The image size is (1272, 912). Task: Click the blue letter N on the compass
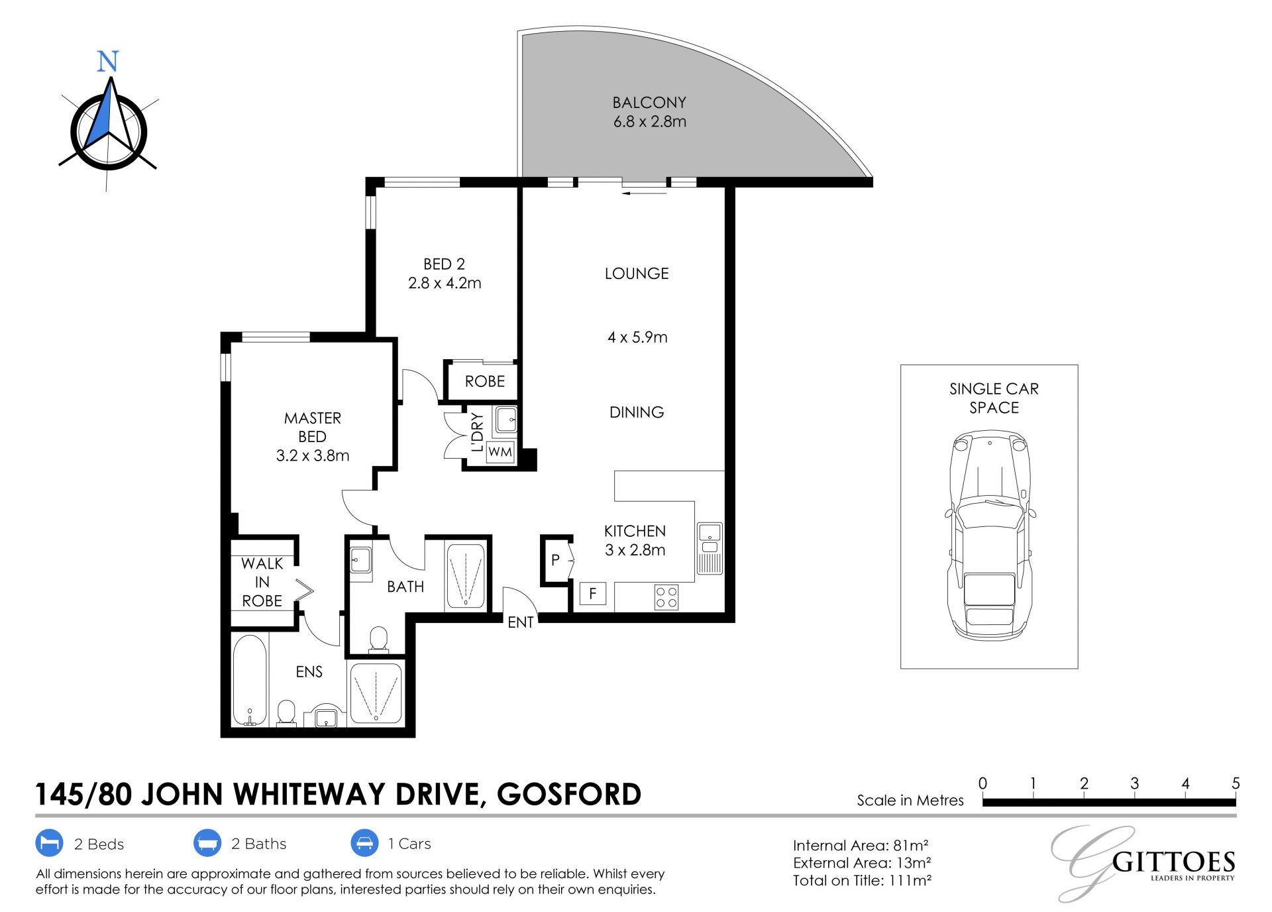coord(107,61)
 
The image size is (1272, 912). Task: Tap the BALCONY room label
coord(649,103)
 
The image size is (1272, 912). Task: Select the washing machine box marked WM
coord(500,452)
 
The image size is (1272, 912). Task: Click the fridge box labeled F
coord(593,593)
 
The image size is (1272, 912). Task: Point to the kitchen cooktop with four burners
coord(666,597)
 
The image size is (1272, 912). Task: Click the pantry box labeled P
coord(556,560)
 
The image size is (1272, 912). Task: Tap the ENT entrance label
coord(521,622)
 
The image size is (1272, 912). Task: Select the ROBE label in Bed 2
coord(485,381)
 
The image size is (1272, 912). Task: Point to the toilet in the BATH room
coord(378,640)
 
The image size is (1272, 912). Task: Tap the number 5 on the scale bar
coord(1236,783)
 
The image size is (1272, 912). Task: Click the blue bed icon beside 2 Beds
coord(49,843)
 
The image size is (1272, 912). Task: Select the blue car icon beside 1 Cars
coord(364,843)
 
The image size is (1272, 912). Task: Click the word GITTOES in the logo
coord(1173,862)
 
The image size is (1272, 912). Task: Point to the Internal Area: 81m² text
coord(861,845)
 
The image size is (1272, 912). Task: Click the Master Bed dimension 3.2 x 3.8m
coord(313,455)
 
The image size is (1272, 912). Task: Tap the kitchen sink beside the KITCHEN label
coord(710,548)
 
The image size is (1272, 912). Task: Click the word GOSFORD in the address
coord(569,794)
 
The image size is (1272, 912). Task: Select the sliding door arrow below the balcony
coord(645,194)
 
